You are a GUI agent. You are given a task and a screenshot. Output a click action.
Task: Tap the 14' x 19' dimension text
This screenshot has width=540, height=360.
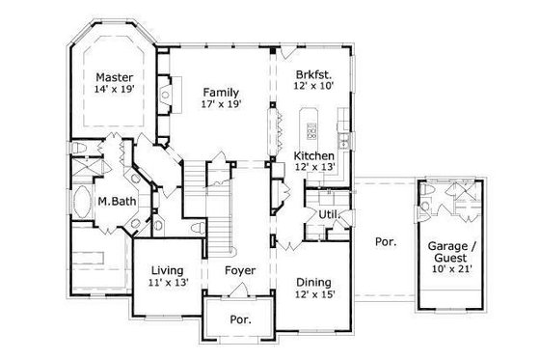tap(115, 90)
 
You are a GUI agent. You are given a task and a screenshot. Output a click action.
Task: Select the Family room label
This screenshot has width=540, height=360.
tap(221, 92)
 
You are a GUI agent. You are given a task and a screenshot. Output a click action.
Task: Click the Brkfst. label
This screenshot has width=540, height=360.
tap(314, 72)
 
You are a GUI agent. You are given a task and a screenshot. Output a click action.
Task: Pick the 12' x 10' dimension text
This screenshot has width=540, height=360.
tap(314, 86)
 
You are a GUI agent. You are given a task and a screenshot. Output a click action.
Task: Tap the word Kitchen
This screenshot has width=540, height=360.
tap(313, 155)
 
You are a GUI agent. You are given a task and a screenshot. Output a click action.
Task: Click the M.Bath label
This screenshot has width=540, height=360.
tap(116, 203)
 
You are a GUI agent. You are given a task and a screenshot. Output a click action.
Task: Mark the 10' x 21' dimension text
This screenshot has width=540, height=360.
tap(450, 271)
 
